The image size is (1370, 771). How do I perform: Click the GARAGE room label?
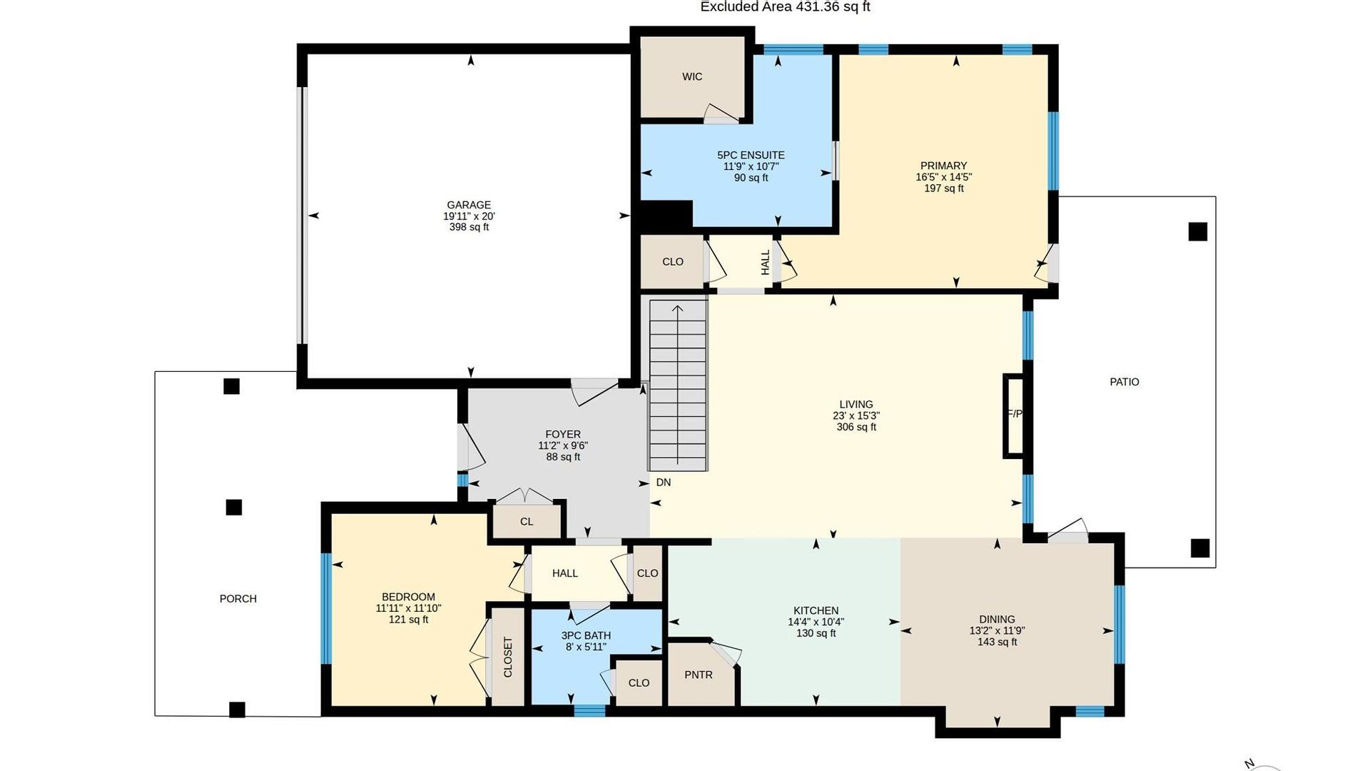click(x=469, y=205)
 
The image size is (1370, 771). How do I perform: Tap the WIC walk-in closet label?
click(x=692, y=77)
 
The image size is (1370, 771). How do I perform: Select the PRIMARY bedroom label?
click(x=943, y=166)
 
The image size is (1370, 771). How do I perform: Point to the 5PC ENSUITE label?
click(x=751, y=155)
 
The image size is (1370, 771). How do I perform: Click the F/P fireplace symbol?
click(x=1014, y=415)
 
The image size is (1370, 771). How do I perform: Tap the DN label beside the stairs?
click(x=664, y=483)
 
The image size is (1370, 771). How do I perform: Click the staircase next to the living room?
click(x=678, y=385)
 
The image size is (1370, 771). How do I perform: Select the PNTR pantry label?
click(x=699, y=675)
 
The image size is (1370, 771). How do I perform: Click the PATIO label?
click(x=1125, y=382)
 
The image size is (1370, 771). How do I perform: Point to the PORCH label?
click(x=238, y=599)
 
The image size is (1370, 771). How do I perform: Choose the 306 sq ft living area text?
click(x=856, y=427)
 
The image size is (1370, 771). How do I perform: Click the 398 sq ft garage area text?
click(x=469, y=227)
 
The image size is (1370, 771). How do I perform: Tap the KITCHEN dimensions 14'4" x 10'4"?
click(x=816, y=622)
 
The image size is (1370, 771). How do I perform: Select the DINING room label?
click(x=997, y=620)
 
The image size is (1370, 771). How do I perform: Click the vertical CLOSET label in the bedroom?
click(x=508, y=657)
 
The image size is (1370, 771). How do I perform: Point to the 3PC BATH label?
click(x=586, y=635)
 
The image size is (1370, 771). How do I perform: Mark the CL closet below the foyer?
click(x=527, y=522)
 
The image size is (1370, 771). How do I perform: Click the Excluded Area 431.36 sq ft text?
click(x=785, y=7)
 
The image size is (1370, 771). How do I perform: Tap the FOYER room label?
click(x=563, y=434)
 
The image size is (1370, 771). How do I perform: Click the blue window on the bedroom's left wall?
click(x=326, y=609)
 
